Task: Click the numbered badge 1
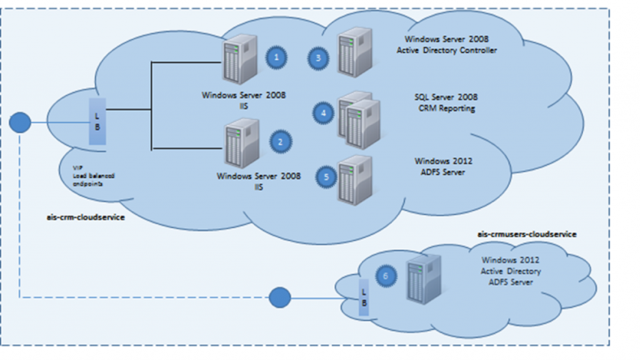(x=277, y=57)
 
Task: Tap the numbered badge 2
(x=280, y=142)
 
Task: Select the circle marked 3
(x=318, y=59)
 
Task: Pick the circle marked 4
(x=323, y=113)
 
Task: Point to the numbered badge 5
(x=326, y=177)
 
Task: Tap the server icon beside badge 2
(x=242, y=144)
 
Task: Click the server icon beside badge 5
(x=354, y=179)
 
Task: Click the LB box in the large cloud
(x=97, y=121)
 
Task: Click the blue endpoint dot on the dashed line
(x=279, y=297)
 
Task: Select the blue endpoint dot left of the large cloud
(x=21, y=122)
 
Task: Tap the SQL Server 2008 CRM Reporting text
(x=446, y=102)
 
